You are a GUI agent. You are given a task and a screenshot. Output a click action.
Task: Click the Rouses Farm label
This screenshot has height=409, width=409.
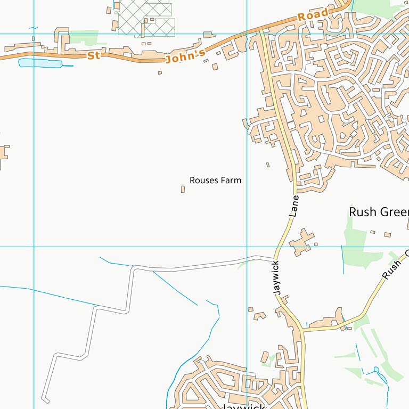click(x=215, y=181)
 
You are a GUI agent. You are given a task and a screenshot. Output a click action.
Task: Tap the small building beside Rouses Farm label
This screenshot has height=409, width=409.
click(x=183, y=189)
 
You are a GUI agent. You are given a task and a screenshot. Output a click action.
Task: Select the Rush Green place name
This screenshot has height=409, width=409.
click(x=378, y=212)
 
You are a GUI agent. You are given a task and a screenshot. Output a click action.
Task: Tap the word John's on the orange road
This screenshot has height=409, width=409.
click(x=185, y=56)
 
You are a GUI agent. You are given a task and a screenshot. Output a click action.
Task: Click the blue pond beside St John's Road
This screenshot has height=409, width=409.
click(x=40, y=63)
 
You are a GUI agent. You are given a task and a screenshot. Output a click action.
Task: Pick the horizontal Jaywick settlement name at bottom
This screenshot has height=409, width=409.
click(x=242, y=406)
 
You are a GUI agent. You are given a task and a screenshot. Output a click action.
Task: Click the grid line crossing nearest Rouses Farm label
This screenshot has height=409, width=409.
click(x=247, y=247)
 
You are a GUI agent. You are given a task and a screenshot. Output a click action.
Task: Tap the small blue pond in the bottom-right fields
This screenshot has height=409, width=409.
click(x=377, y=370)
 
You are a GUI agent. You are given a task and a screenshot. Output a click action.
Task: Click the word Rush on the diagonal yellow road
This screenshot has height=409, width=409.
click(x=391, y=271)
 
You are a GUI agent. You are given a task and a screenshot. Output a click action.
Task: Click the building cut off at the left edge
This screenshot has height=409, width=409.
click(x=3, y=154)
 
